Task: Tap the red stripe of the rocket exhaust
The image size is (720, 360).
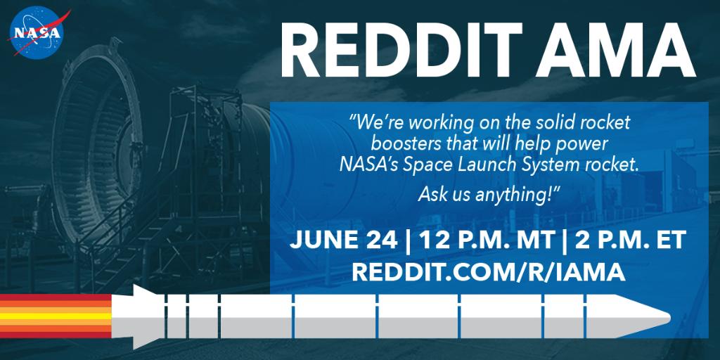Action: point(56,299)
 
